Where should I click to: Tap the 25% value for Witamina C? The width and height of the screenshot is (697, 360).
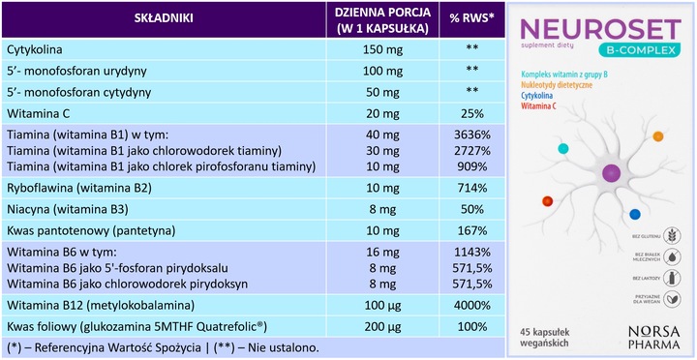[x=471, y=112]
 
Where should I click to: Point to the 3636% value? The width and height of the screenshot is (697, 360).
[x=471, y=135]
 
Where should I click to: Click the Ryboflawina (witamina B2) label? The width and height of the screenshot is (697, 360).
[x=78, y=188]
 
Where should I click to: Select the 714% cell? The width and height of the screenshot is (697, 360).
[x=471, y=188]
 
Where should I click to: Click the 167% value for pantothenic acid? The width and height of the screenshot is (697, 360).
[x=471, y=232]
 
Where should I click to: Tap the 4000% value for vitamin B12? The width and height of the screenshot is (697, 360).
[x=471, y=305]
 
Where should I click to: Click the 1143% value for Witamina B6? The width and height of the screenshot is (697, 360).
[x=471, y=254]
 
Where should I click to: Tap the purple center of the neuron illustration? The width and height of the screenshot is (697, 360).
[x=611, y=173]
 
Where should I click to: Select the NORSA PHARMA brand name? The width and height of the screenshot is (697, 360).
[x=660, y=334]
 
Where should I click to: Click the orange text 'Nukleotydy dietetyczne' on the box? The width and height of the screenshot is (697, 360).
[x=566, y=85]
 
